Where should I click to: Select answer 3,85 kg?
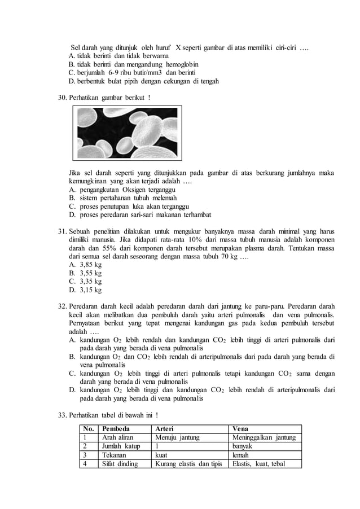point(90,264)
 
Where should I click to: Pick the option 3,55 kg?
point(90,273)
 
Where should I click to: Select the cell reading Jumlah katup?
point(121,446)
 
